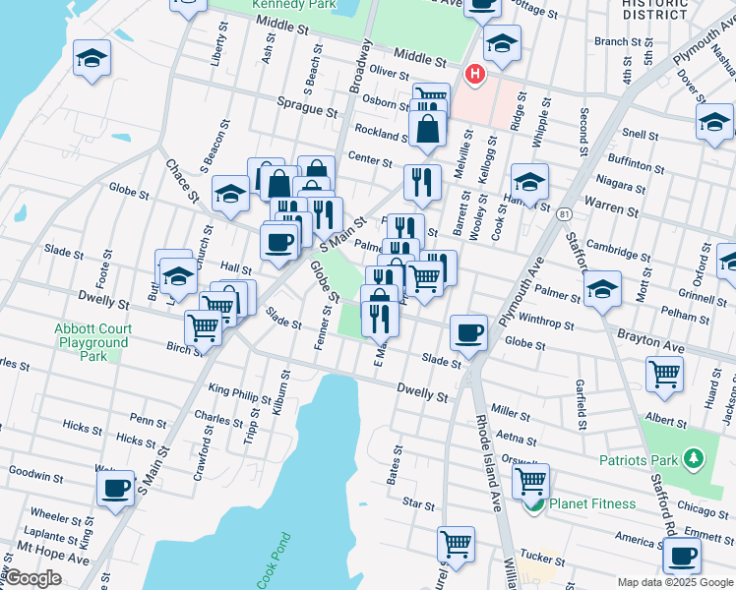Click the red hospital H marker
[475, 74]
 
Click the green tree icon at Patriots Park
[694, 458]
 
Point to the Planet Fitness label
[591, 503]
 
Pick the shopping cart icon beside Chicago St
[530, 480]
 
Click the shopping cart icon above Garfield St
[664, 373]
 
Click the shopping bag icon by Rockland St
[427, 128]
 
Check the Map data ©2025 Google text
[674, 581]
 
